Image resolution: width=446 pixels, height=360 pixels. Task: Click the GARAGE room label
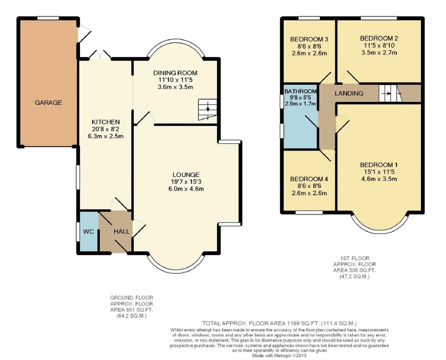(x=48, y=102)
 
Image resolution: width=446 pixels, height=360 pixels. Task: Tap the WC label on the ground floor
(x=88, y=232)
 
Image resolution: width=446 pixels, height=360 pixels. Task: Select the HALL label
(x=122, y=232)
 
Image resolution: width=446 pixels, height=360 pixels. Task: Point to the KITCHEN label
(x=106, y=122)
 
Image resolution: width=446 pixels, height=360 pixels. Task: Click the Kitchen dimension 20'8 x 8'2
(x=106, y=129)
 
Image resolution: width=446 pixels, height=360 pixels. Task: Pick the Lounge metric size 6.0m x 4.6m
(x=186, y=189)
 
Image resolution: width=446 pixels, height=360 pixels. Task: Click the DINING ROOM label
(x=175, y=73)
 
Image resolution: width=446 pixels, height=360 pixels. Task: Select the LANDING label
(x=349, y=93)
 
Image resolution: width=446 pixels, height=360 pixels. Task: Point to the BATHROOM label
(x=300, y=91)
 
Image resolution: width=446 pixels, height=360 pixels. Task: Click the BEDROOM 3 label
(x=309, y=39)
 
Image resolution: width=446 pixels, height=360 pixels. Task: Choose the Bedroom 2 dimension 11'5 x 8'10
(x=379, y=46)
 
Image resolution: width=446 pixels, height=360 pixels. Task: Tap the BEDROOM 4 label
(x=309, y=179)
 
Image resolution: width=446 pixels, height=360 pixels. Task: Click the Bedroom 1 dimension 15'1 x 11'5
(x=379, y=172)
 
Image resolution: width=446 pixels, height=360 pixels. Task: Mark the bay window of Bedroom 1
(x=379, y=229)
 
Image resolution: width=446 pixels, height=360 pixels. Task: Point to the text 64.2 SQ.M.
(x=132, y=316)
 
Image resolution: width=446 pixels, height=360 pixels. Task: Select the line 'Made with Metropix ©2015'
(x=279, y=355)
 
